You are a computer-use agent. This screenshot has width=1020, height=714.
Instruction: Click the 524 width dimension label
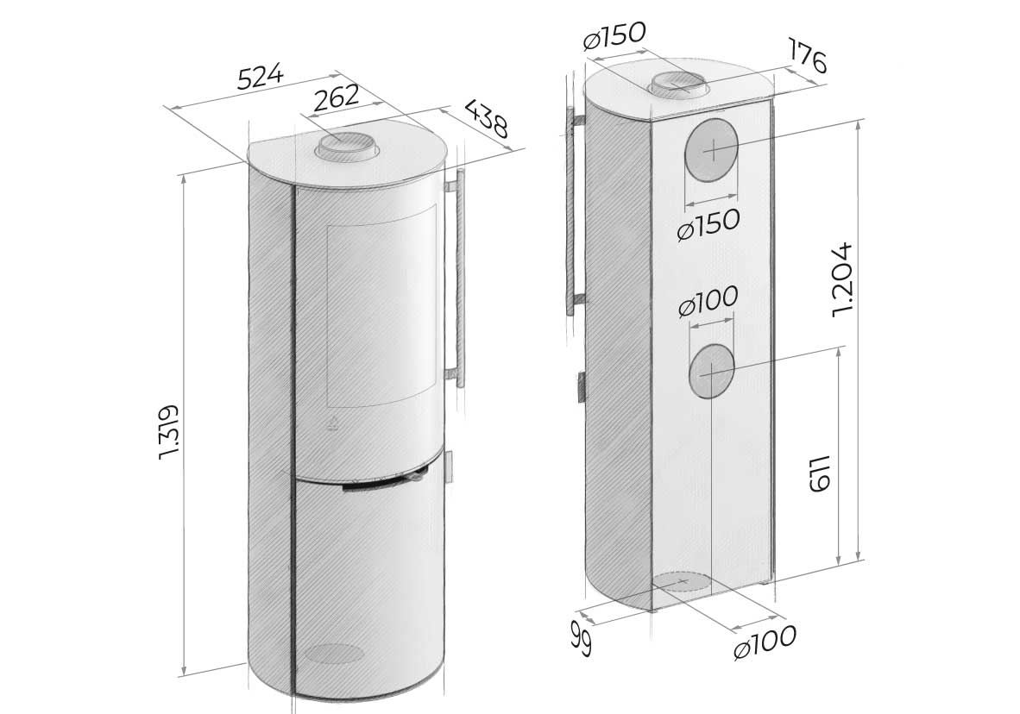pyautogui.click(x=261, y=76)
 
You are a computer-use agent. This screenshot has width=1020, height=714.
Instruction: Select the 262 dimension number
pyautogui.click(x=337, y=97)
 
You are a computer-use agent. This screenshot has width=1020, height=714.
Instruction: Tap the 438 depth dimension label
pyautogui.click(x=486, y=119)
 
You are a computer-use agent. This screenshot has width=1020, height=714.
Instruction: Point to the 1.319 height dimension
pyautogui.click(x=168, y=432)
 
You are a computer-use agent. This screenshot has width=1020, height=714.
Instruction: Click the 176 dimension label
pyautogui.click(x=807, y=55)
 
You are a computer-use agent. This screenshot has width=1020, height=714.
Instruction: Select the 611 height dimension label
pyautogui.click(x=820, y=473)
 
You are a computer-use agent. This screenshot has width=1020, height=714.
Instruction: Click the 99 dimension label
pyautogui.click(x=581, y=638)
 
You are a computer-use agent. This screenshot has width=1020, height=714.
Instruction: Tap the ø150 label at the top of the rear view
pyautogui.click(x=614, y=35)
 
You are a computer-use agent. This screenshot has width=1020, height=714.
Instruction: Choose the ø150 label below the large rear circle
pyautogui.click(x=708, y=224)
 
